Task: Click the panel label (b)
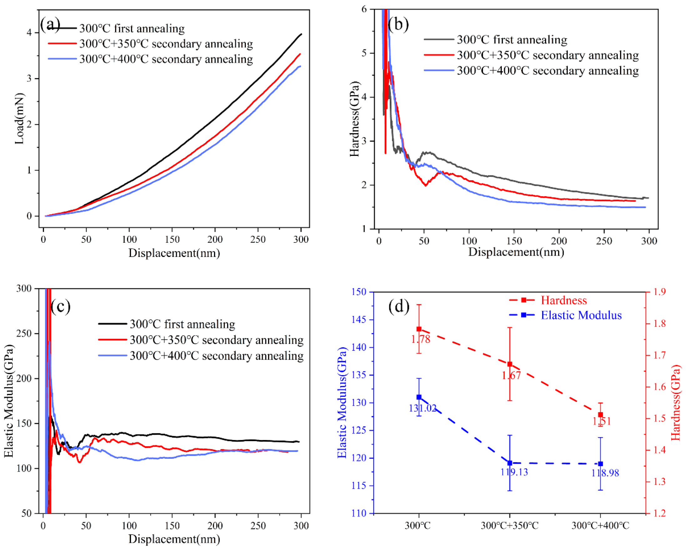398,24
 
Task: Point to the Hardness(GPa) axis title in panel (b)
354,119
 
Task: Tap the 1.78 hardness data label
420,339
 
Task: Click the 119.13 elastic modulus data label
514,472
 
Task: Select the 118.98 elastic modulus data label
605,473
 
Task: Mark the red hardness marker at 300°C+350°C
510,364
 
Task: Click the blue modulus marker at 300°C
419,397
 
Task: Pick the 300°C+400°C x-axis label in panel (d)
600,526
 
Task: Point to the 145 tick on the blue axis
358,319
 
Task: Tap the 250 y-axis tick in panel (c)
24,333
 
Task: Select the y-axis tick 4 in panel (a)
29,33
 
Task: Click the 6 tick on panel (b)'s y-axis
364,9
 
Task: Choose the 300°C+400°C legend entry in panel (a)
166,59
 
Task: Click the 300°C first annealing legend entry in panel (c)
182,324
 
